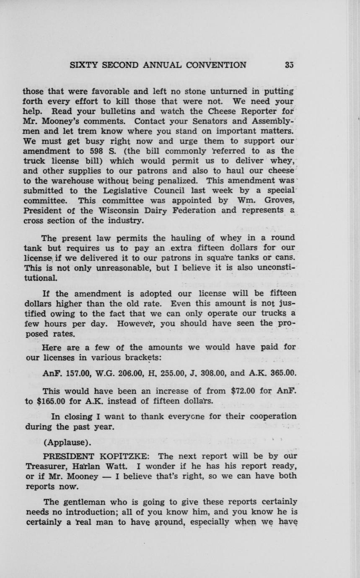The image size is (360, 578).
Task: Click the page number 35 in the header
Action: pyautogui.click(x=288, y=65)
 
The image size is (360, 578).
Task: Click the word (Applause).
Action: pyautogui.click(x=67, y=442)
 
